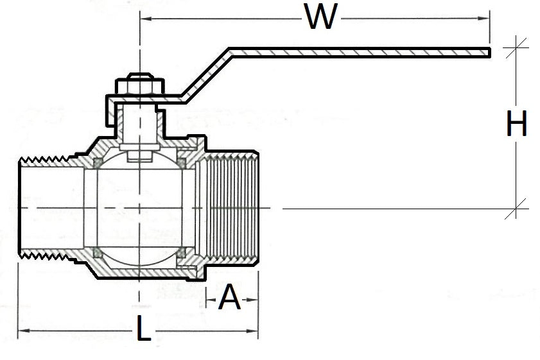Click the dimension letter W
pos(320,17)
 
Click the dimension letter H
pos(516,124)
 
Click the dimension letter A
pos(230,298)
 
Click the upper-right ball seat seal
pos(182,163)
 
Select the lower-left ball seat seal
pos(96,253)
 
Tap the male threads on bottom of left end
pos(45,259)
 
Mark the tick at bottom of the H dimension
pos(516,209)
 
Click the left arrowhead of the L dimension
pos(21,331)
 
